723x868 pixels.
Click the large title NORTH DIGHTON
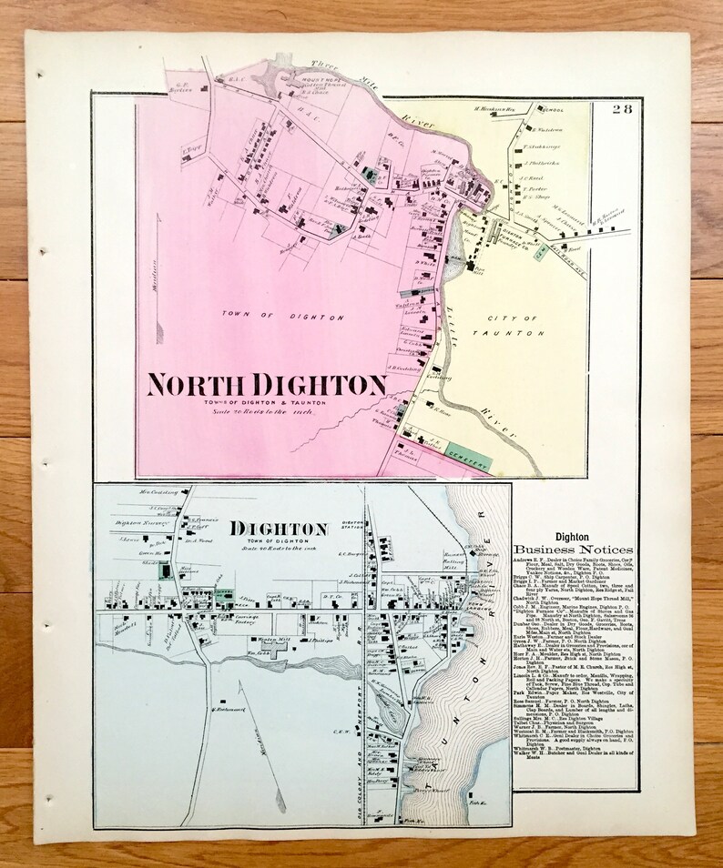[266, 385]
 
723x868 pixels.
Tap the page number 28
[622, 111]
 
